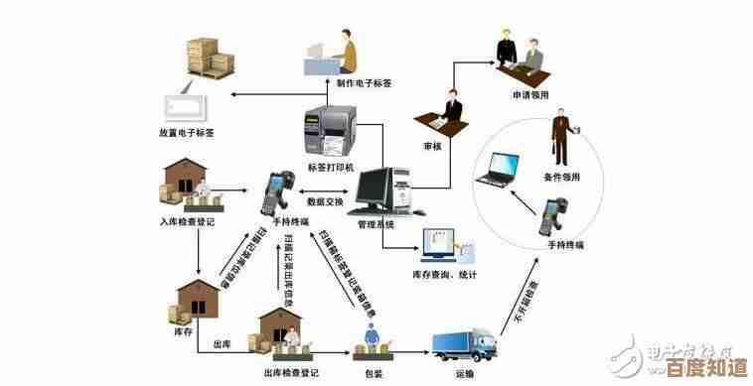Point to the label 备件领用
click(x=562, y=176)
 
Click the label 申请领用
click(x=531, y=95)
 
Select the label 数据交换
click(x=326, y=202)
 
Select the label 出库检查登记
click(x=291, y=374)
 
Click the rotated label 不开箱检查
click(x=523, y=302)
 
